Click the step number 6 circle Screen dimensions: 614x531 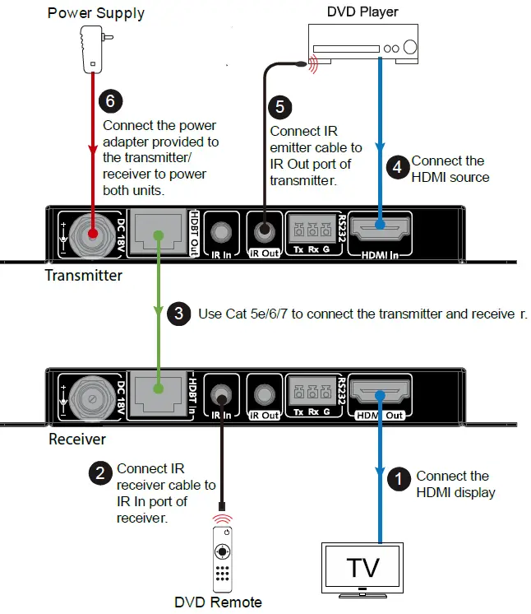(109, 101)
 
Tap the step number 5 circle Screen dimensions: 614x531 (279, 108)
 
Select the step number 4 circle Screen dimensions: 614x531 (397, 167)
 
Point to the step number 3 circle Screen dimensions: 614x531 (178, 314)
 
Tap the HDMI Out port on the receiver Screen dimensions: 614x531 (380, 391)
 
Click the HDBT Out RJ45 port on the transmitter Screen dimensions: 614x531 (158, 230)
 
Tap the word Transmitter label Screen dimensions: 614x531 (83, 276)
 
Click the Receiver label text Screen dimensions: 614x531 (77, 439)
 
